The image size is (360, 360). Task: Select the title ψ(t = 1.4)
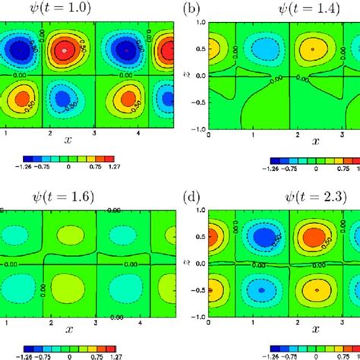[298, 8]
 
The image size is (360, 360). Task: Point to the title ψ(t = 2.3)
[298, 196]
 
